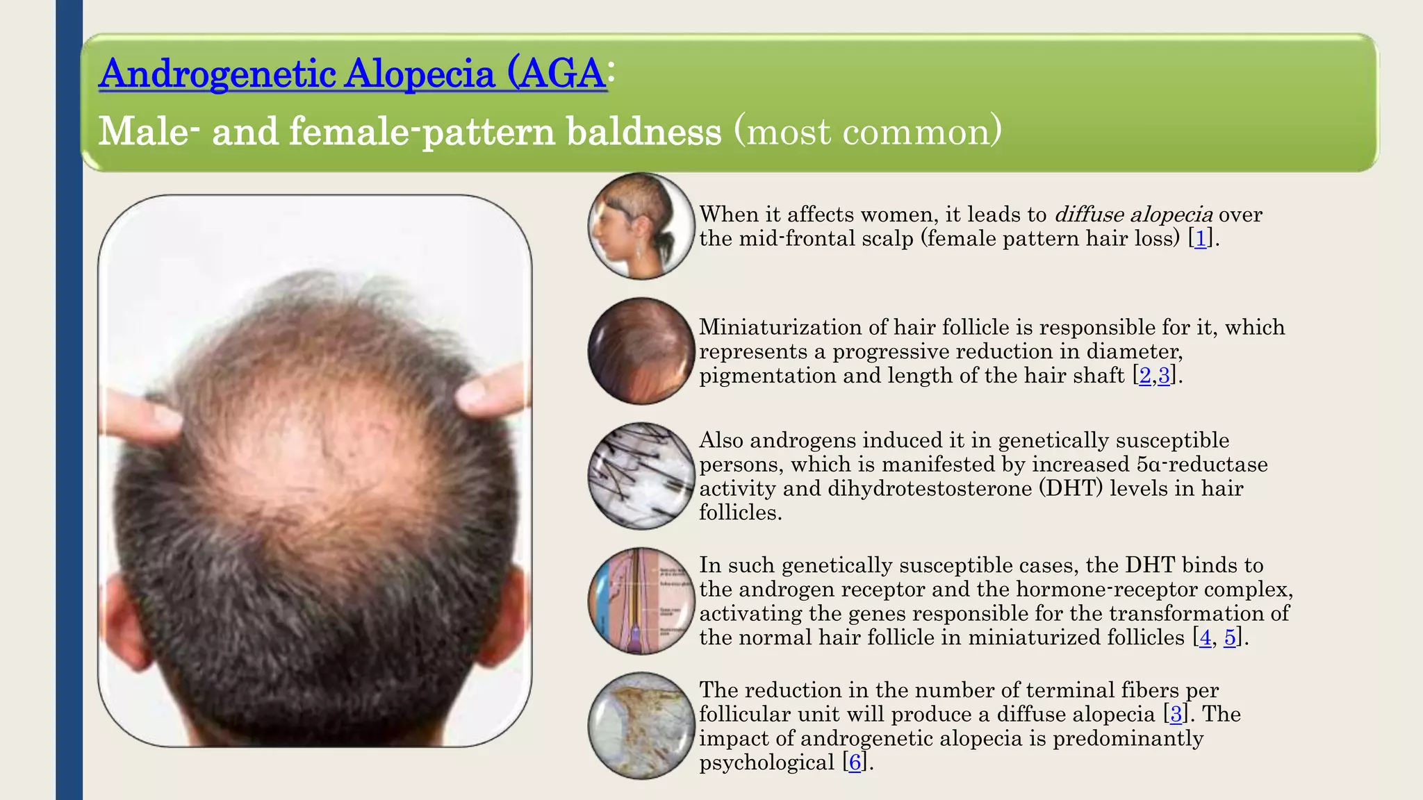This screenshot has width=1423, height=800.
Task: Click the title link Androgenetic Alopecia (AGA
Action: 352,74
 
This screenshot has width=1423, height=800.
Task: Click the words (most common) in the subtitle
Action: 868,131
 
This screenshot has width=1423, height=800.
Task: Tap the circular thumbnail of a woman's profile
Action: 641,226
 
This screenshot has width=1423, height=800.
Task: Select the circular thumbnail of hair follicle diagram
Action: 641,601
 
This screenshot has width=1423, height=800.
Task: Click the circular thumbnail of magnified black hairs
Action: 641,476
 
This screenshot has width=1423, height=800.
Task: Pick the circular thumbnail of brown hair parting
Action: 641,351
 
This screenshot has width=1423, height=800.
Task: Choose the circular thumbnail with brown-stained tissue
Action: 641,726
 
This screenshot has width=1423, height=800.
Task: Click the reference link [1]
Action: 1200,239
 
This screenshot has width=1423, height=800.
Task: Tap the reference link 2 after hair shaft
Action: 1145,376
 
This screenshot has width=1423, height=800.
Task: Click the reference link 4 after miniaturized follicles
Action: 1205,637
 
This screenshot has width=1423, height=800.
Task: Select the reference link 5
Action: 1230,637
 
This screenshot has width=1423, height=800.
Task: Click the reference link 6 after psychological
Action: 855,762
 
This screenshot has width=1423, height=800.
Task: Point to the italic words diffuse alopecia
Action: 1133,215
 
